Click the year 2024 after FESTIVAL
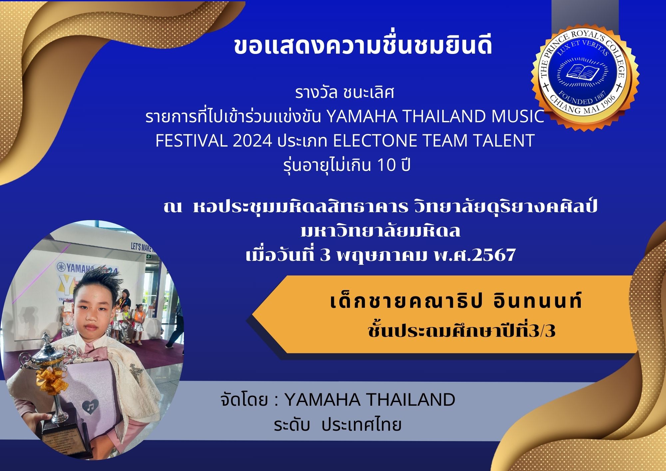(252, 141)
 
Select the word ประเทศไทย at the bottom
(361, 425)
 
